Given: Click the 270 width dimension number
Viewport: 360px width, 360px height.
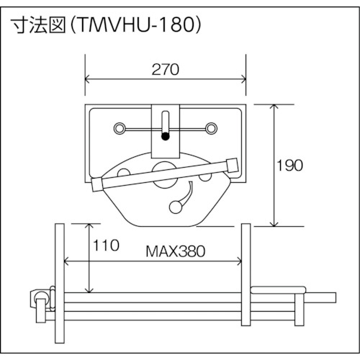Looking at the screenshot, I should pos(165,70).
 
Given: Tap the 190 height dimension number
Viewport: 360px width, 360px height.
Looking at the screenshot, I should pos(290,164).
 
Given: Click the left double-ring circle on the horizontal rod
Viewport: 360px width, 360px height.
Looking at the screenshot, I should pos(118,129).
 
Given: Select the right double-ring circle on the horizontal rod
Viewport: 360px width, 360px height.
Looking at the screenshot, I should pos(211,129).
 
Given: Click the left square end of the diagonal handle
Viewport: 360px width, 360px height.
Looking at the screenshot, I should pos(97,184).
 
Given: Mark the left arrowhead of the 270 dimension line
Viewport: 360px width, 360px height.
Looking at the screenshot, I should pos(89,78).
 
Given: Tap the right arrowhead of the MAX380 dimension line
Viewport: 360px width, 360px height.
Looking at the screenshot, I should pos(240,261).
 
